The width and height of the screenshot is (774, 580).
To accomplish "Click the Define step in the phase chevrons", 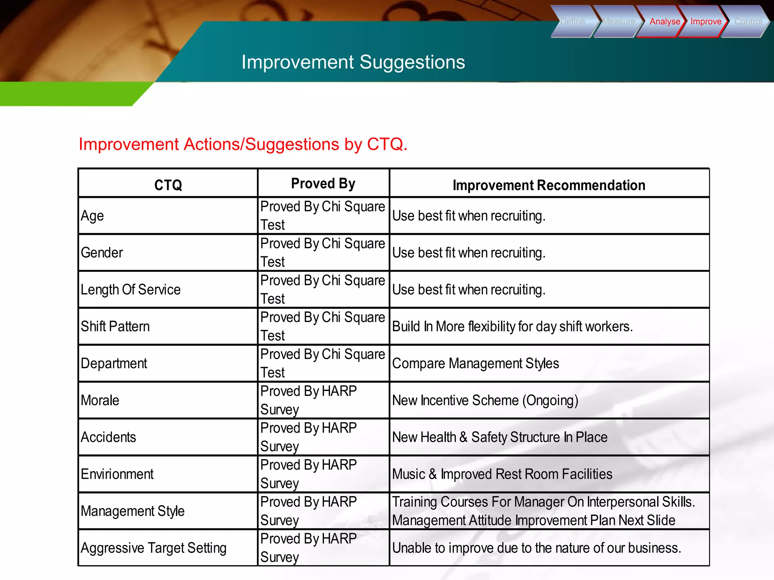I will click(573, 22).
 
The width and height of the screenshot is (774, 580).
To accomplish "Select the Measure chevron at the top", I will click(619, 22).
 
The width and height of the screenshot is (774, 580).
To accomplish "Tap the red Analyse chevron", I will click(664, 22).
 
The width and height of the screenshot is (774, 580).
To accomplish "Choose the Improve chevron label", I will click(706, 22).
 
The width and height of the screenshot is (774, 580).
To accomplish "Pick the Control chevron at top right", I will click(748, 22).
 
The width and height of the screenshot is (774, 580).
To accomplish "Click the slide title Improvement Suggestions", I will click(353, 62).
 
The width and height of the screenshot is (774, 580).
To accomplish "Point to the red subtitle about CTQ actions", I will click(243, 144).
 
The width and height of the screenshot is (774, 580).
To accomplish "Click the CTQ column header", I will click(168, 185).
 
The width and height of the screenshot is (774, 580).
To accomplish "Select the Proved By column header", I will click(323, 184).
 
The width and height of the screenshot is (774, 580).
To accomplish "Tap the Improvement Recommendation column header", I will click(549, 185).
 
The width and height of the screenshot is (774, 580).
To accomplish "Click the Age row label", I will click(92, 216).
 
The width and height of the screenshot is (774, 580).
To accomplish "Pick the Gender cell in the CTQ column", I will click(102, 253).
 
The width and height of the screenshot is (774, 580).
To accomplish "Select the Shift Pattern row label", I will click(115, 326).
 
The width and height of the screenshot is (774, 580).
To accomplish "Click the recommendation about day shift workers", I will click(512, 326).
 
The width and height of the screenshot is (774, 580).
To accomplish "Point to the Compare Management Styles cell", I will click(475, 363).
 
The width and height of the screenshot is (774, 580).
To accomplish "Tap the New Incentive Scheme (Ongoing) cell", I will click(485, 400).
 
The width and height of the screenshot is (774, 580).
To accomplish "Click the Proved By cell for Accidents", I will click(308, 437).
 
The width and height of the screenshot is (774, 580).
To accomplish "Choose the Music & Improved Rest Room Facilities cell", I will click(502, 474).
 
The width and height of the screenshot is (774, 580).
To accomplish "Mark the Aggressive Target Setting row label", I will click(153, 548).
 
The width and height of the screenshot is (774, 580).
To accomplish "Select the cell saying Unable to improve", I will click(537, 548).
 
